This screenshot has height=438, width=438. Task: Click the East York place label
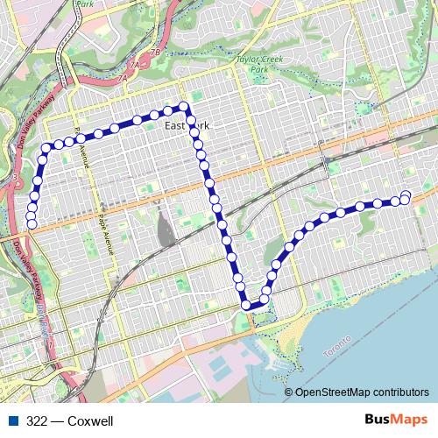(x=187, y=126)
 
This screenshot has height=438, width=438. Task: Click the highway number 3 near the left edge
(x=15, y=178)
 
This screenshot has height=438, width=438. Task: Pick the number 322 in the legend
(x=36, y=421)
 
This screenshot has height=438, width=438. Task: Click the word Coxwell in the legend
(x=91, y=421)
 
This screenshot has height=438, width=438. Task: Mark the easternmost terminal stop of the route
(x=406, y=194)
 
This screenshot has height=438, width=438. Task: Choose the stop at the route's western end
(x=32, y=224)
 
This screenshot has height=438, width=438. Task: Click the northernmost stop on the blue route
(x=184, y=106)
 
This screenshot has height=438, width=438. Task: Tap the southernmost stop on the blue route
(x=246, y=305)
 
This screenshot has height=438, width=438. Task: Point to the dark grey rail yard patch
(x=164, y=230)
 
